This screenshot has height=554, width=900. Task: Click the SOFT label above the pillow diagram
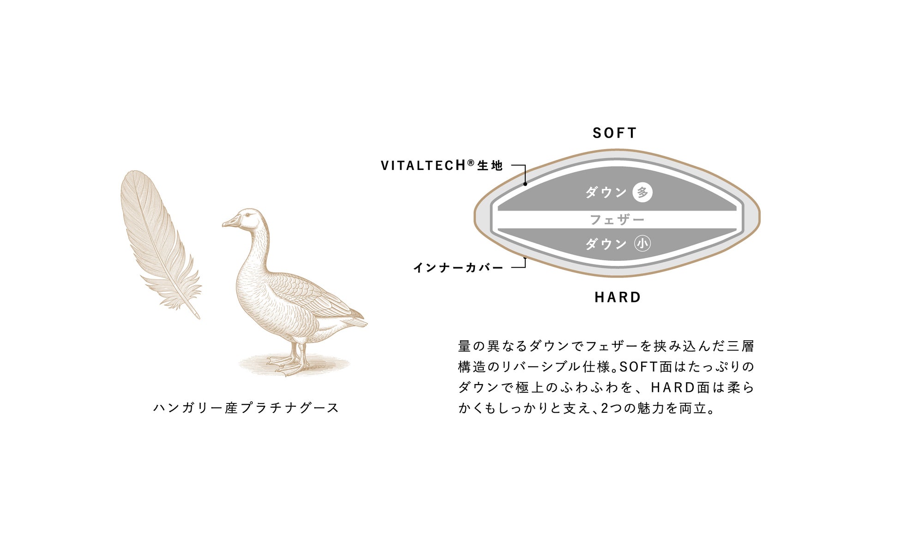point(614,133)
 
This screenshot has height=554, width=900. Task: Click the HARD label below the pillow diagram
point(618,297)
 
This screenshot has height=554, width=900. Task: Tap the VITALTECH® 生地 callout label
point(441,165)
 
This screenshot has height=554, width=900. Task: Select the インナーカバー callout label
point(458,268)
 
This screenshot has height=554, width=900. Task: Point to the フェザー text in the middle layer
point(617,220)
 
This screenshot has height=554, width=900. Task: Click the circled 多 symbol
point(642,193)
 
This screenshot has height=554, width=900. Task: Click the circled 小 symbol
point(642,244)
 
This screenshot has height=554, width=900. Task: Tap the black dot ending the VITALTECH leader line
point(525,184)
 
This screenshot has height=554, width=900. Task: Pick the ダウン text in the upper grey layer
point(606,193)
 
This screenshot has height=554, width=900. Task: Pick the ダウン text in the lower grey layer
point(606,244)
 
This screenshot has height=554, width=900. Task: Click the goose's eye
point(248,215)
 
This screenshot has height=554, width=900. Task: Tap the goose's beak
point(230,223)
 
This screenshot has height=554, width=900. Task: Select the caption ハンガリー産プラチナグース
point(246,408)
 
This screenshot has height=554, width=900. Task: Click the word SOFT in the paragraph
point(638,367)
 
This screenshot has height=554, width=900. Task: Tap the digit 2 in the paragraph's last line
point(605,408)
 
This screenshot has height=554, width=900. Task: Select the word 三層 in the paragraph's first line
point(741,346)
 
